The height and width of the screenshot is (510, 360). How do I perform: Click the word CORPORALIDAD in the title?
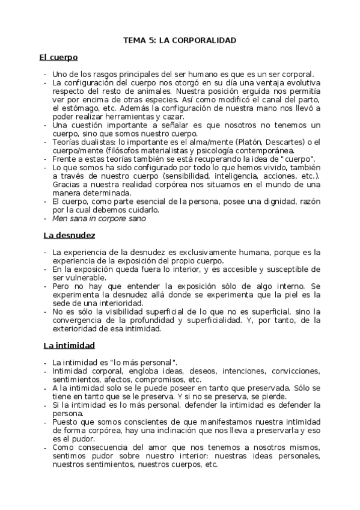(x=206, y=40)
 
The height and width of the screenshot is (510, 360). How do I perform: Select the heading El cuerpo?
(x=58, y=58)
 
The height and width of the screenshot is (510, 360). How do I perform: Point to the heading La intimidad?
(x=68, y=346)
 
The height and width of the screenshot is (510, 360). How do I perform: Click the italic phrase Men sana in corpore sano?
(x=99, y=219)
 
